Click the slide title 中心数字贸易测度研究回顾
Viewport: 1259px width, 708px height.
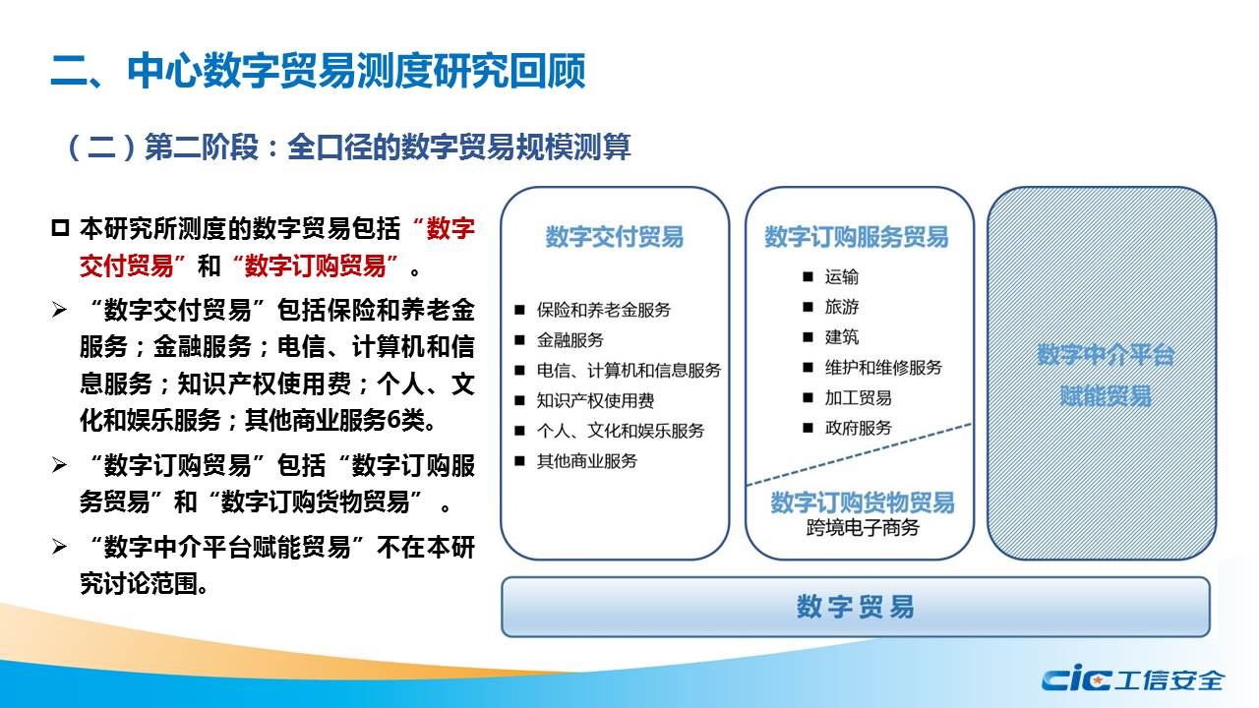click(356, 72)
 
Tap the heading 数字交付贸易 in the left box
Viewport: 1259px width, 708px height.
click(615, 237)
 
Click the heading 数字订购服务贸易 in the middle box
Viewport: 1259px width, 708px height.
click(857, 237)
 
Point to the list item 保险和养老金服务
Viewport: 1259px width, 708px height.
click(604, 310)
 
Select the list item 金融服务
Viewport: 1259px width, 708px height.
click(570, 340)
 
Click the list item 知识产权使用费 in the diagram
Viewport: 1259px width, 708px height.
click(595, 400)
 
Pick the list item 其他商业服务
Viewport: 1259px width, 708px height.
click(587, 461)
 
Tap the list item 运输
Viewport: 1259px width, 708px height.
click(841, 277)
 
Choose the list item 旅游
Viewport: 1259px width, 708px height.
click(841, 307)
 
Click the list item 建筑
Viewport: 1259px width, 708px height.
click(841, 337)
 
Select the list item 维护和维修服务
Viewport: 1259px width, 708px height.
click(883, 368)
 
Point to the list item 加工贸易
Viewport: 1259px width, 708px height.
click(859, 398)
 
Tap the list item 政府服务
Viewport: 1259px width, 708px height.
click(859, 428)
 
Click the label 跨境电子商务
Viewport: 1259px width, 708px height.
click(863, 528)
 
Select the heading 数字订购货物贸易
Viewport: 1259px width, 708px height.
click(863, 502)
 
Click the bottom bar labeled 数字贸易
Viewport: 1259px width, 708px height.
click(856, 607)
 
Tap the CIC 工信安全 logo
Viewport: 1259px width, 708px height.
click(1132, 679)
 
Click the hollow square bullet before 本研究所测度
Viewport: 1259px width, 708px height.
click(60, 229)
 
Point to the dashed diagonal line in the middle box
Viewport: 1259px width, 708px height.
click(859, 454)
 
